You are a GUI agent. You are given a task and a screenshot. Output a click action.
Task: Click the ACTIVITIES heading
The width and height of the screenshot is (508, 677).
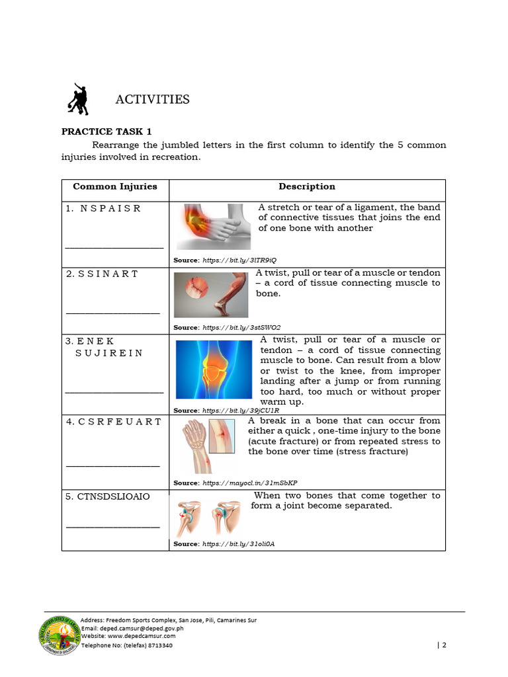coord(152,100)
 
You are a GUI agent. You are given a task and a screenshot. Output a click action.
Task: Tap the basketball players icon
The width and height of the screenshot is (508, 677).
coord(78,99)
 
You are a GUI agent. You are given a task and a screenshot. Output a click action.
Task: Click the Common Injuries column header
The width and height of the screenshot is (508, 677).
coord(115,186)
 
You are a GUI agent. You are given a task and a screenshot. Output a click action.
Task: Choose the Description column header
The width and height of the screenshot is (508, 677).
coord(306,186)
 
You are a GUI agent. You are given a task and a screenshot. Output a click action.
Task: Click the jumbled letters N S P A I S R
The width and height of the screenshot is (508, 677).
coord(103,208)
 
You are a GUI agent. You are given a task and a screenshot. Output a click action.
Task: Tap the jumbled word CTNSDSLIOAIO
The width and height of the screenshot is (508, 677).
coord(107,497)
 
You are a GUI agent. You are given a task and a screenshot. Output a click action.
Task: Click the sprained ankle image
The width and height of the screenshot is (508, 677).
coord(214,226)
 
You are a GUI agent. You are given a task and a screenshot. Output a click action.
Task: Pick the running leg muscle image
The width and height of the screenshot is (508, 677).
coord(211,295)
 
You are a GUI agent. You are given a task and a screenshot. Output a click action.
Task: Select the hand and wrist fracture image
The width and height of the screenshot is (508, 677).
coord(208,445)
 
